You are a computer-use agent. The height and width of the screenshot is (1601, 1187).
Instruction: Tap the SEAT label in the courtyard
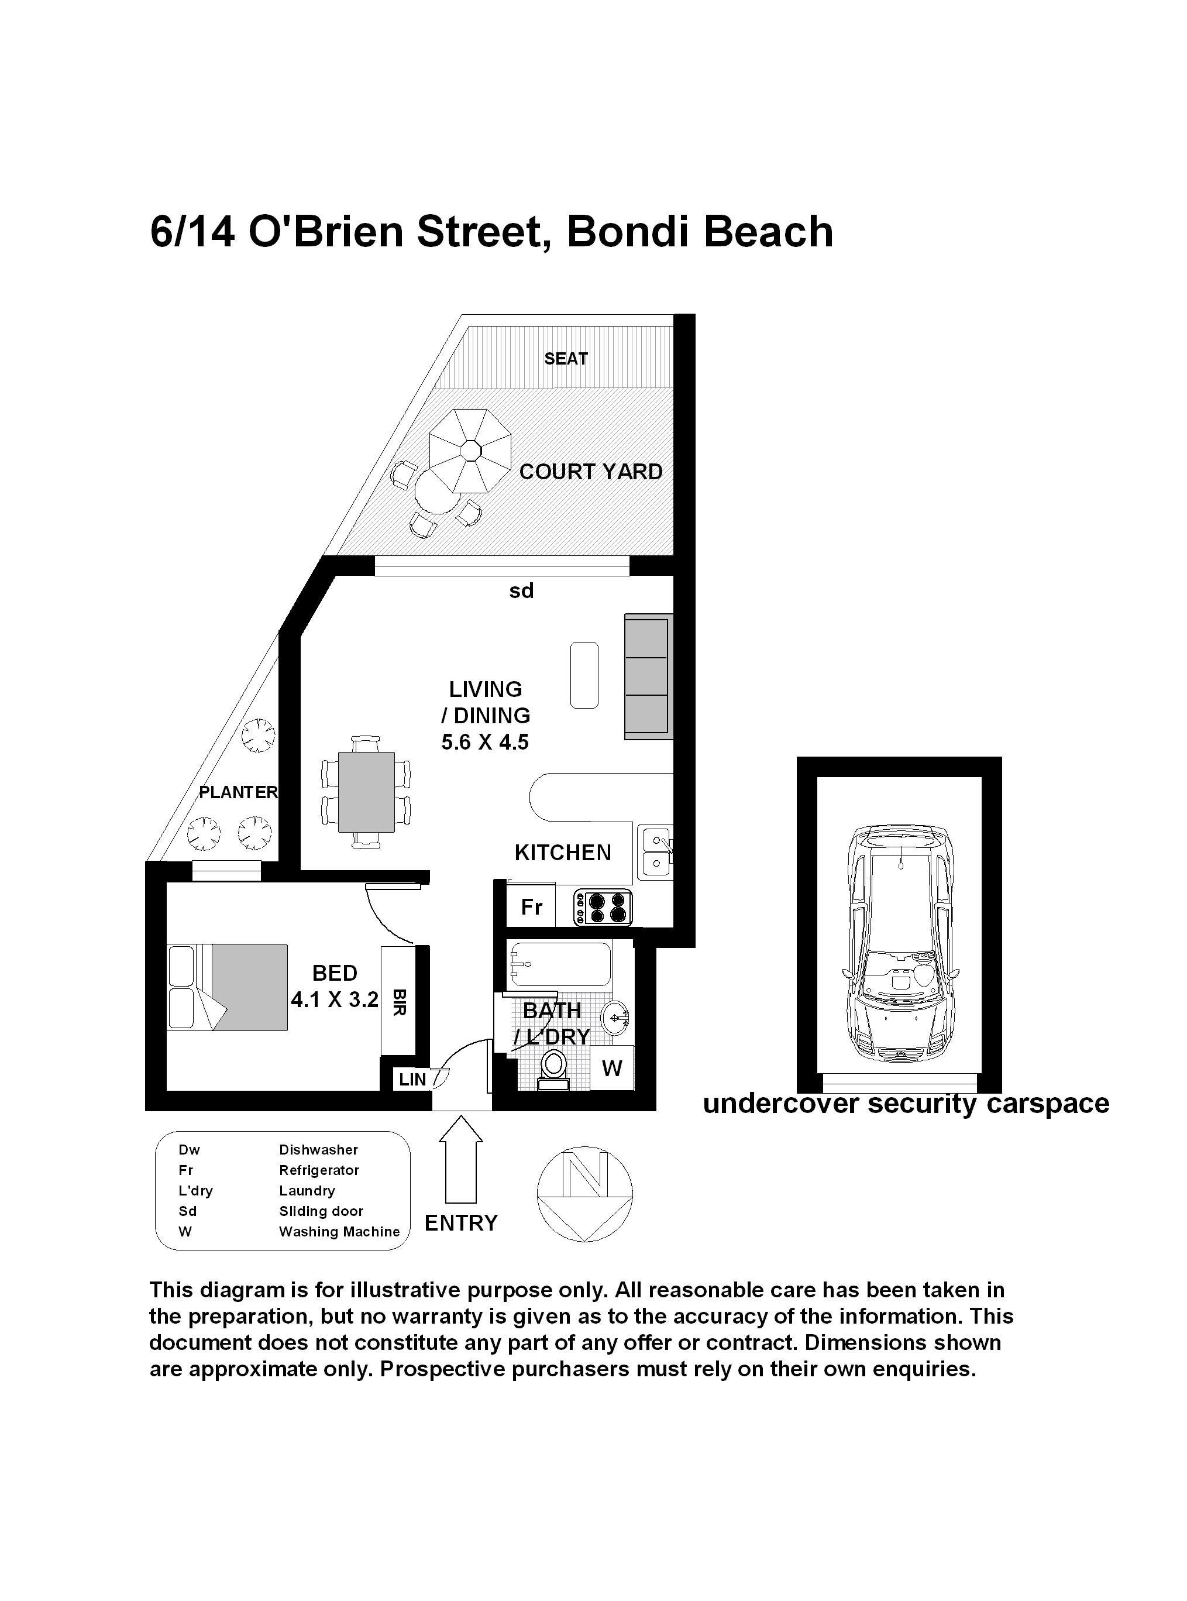coord(566,359)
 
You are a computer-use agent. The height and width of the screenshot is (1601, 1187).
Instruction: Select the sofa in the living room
coord(648,676)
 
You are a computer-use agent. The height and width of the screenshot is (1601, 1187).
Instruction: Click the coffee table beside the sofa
coord(584,675)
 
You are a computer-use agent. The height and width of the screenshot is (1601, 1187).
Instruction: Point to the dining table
coord(366,791)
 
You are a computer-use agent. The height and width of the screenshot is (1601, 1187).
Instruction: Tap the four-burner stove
coord(604,908)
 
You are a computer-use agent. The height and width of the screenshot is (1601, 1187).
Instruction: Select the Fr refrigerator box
coord(531,907)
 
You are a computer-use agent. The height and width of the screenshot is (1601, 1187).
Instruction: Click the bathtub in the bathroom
coord(559,964)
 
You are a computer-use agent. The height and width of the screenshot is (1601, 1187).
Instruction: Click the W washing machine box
coord(611,1068)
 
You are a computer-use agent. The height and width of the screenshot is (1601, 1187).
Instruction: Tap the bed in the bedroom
coord(227,987)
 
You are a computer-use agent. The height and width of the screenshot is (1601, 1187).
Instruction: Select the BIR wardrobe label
coord(400,1002)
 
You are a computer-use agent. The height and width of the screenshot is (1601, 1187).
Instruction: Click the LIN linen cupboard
coord(412,1079)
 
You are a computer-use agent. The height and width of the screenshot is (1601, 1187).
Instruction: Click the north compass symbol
coord(585,1194)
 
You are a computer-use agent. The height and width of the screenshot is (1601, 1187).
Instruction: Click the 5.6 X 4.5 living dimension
coord(485,741)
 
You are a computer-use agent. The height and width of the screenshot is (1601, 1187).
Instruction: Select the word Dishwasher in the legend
coord(318,1150)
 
